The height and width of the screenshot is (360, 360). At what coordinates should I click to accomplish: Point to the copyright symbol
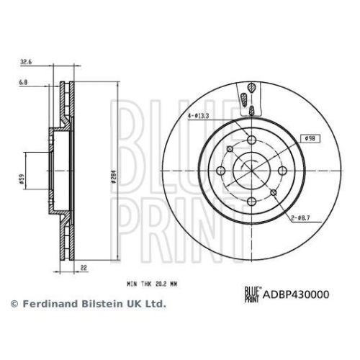click(14, 305)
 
